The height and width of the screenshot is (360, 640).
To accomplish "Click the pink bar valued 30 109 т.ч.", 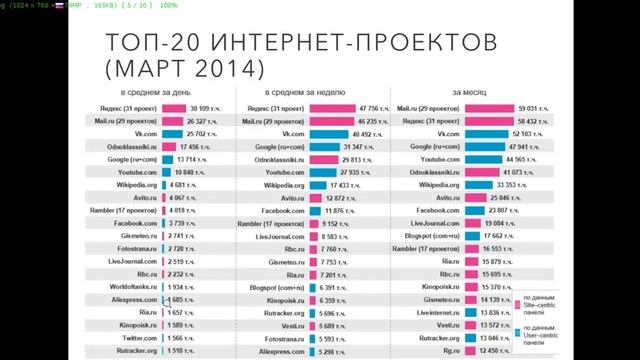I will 173,107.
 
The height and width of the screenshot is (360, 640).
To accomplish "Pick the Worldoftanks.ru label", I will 131,287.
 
